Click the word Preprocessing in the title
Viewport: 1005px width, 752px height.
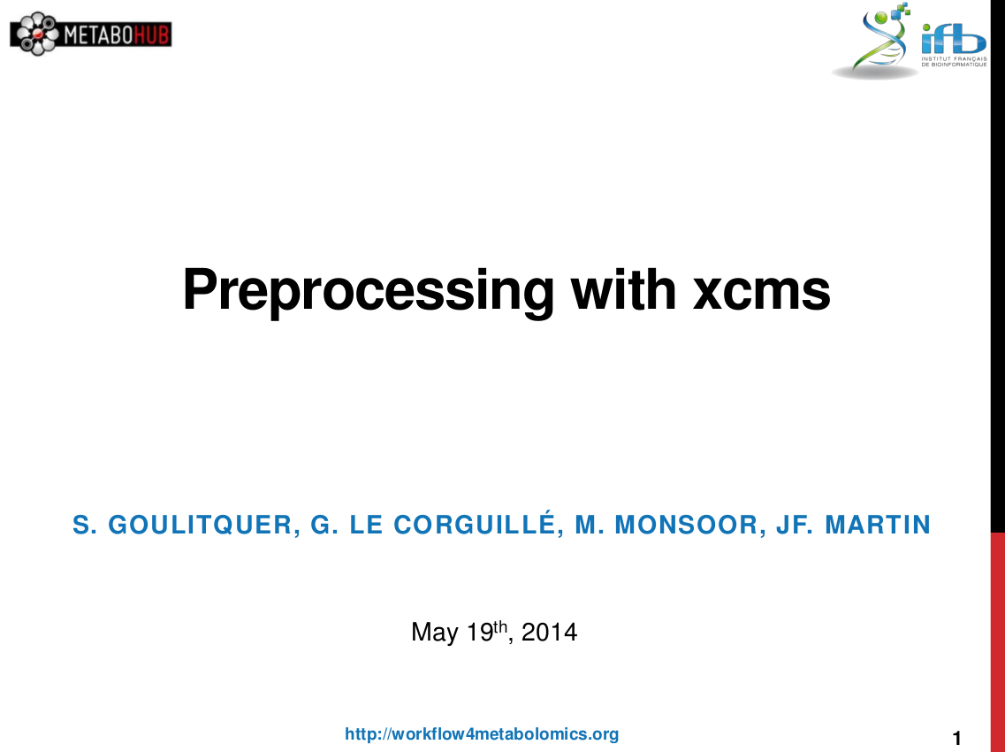368,291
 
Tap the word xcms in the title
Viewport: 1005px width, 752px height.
761,292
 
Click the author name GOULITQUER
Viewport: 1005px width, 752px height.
200,525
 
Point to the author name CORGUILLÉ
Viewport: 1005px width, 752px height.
474,524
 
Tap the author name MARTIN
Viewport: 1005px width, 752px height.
878,525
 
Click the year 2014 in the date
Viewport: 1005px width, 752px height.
549,632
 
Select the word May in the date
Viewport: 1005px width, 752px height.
435,633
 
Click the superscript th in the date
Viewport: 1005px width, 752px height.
500,625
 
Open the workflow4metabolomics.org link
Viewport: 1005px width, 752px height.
482,734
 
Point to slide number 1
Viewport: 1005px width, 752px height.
957,739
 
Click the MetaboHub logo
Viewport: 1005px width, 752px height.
91,34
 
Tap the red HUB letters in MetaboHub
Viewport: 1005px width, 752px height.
151,35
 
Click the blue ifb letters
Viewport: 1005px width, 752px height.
953,40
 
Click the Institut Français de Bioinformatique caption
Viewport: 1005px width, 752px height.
954,62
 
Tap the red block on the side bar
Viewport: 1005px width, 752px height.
997,641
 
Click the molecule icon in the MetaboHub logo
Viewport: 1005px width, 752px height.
37,34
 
